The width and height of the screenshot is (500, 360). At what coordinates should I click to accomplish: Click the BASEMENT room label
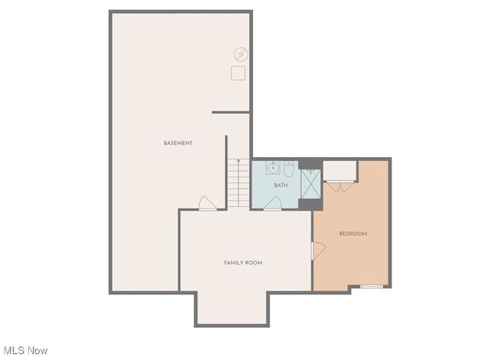(x=178, y=143)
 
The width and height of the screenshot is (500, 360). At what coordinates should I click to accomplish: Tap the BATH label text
(x=280, y=185)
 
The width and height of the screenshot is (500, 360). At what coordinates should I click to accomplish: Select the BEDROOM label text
(x=352, y=233)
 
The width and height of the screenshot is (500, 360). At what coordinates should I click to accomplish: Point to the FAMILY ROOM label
(x=243, y=263)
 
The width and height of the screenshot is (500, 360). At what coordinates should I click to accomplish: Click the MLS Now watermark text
(x=26, y=350)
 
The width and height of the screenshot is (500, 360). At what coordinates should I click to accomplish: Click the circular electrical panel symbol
(x=241, y=55)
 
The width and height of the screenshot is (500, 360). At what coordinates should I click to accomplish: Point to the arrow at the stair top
(x=238, y=163)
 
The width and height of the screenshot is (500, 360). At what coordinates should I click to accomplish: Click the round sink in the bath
(x=273, y=167)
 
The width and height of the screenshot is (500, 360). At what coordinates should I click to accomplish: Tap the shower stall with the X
(x=310, y=185)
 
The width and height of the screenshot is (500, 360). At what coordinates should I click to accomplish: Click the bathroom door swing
(x=273, y=204)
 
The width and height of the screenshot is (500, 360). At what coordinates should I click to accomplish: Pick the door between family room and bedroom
(x=316, y=250)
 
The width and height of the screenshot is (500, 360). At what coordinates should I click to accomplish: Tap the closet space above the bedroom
(x=340, y=171)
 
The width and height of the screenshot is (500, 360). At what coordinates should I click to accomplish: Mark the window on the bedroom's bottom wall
(x=371, y=287)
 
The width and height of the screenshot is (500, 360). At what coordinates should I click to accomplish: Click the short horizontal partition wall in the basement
(x=231, y=112)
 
